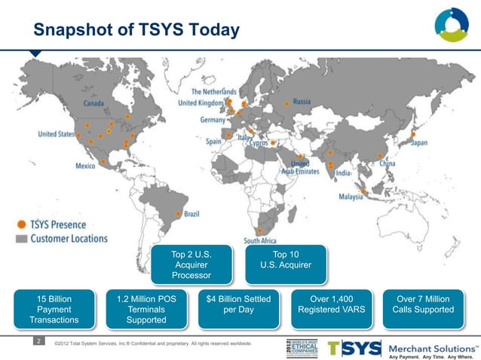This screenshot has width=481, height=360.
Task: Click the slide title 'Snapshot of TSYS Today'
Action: (136, 29)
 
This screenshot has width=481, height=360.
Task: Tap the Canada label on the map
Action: (93, 102)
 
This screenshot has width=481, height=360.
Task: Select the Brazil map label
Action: (191, 214)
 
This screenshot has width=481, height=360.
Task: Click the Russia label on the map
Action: (302, 102)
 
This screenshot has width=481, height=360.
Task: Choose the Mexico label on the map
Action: (85, 165)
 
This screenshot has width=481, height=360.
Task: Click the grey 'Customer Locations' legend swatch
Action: (22, 238)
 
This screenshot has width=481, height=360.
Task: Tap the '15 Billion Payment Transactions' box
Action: (54, 310)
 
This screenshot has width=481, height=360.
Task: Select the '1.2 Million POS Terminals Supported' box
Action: (146, 310)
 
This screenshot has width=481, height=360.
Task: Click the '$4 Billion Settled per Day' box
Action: (238, 304)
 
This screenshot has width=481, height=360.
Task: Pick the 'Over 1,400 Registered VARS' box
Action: (332, 304)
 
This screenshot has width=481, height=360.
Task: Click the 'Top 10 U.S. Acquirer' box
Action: (285, 261)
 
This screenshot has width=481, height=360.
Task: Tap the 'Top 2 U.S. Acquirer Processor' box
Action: (191, 265)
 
